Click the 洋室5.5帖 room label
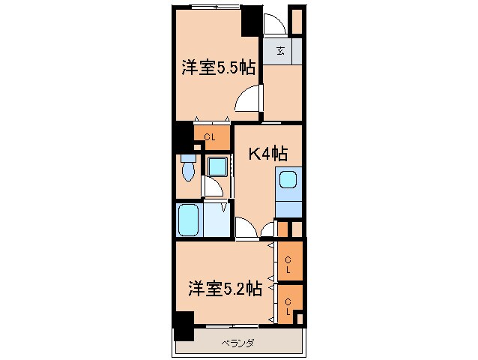point(218,67)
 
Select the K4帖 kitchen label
point(268,154)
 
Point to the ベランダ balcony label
point(238,344)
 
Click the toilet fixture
point(187,169)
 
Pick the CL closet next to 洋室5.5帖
point(210,136)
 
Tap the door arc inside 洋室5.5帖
point(248,98)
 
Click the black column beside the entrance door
point(251,19)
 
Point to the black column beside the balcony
point(183,325)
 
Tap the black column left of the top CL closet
point(181,136)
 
